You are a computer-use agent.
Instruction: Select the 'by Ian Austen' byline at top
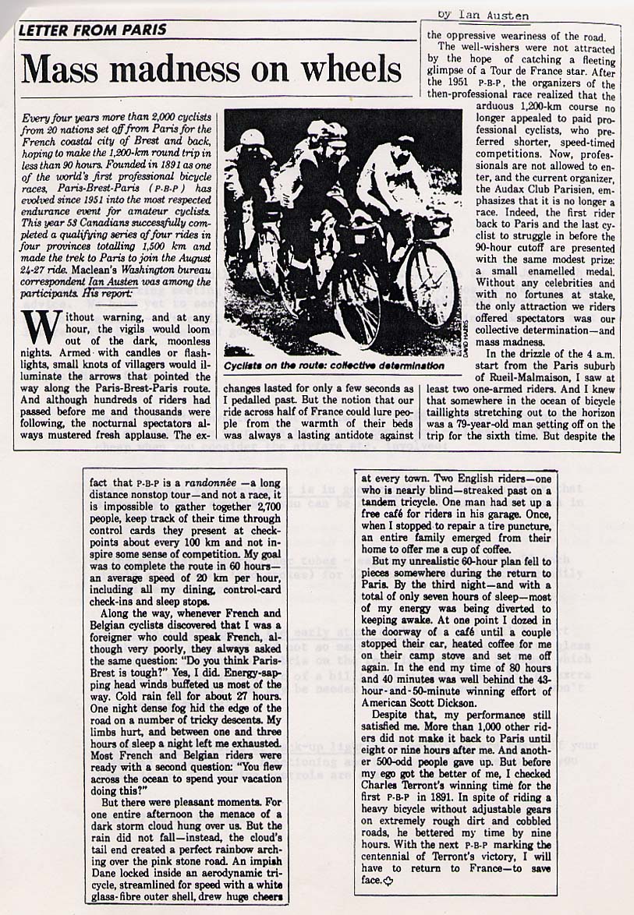click(483, 15)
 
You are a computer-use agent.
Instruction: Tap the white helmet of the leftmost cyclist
click(252, 137)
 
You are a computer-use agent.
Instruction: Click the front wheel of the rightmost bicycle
click(431, 285)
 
